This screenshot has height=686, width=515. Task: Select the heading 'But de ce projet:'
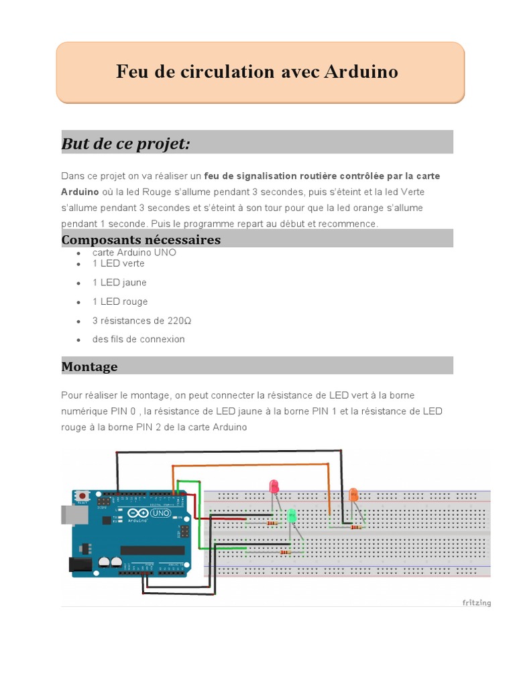[x=126, y=143]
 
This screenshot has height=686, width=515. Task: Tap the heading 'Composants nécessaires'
[x=141, y=240]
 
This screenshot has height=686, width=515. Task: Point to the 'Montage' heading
[x=89, y=366]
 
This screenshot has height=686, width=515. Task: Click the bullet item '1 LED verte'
[x=118, y=263]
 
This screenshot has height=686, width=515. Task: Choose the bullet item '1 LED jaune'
[x=119, y=283]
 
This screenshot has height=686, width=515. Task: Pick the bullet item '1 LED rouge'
[x=120, y=301]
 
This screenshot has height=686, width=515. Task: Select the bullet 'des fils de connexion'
[x=138, y=339]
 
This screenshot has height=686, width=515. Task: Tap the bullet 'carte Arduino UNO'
[x=134, y=253]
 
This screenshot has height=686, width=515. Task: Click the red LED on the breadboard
[x=274, y=486]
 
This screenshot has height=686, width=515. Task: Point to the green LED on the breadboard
[x=292, y=516]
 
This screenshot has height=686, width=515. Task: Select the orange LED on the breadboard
[x=353, y=496]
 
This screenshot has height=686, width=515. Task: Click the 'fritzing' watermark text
[x=476, y=603]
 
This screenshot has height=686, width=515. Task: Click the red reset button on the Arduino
[x=82, y=496]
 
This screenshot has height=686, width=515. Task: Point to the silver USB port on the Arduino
[x=69, y=514]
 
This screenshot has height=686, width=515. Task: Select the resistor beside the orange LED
[x=355, y=527]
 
